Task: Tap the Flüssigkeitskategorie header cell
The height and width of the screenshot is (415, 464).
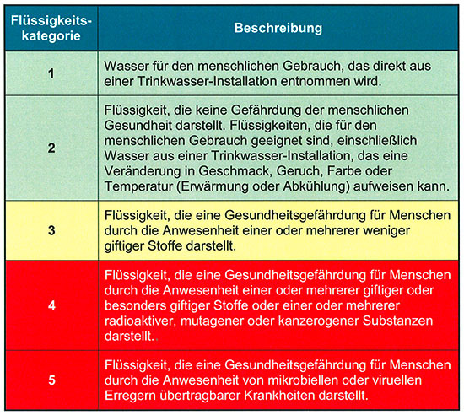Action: tap(51, 29)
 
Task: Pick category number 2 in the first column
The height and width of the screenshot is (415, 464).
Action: tap(51, 148)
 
